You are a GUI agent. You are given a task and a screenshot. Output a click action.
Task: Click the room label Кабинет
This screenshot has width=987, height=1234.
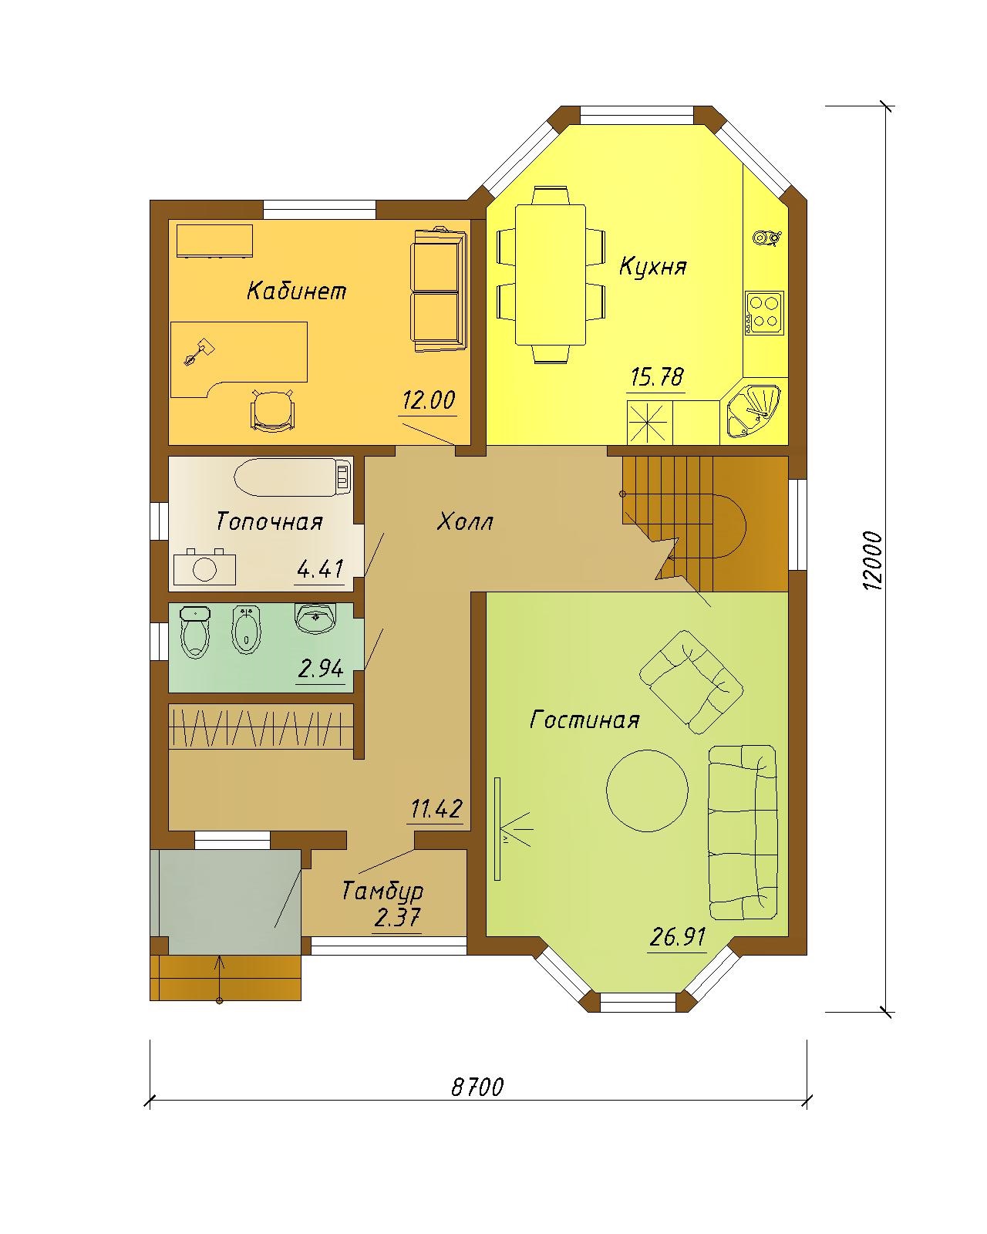pyautogui.click(x=297, y=291)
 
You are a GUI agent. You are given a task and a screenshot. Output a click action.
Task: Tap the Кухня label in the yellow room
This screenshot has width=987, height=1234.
pyautogui.click(x=652, y=267)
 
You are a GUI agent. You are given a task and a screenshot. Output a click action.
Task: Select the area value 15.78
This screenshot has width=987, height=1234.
pyautogui.click(x=657, y=377)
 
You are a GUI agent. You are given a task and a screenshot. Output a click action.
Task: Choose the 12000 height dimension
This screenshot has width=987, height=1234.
pyautogui.click(x=871, y=561)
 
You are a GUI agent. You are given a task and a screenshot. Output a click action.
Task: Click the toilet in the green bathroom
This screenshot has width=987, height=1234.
pyautogui.click(x=195, y=632)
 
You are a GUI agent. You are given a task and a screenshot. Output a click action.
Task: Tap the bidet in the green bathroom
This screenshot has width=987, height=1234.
pyautogui.click(x=247, y=630)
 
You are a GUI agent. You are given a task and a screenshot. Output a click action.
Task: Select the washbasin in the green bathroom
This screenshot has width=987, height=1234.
pyautogui.click(x=315, y=618)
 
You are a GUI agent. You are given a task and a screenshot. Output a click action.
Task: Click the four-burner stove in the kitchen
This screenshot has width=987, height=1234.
pyautogui.click(x=764, y=313)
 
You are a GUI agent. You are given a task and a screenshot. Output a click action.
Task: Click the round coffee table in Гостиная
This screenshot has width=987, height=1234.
pyautogui.click(x=647, y=791)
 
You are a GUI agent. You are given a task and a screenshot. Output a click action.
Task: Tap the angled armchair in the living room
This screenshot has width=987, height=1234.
pyautogui.click(x=692, y=683)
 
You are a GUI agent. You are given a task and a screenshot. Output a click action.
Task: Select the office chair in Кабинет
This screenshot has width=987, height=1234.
pyautogui.click(x=273, y=410)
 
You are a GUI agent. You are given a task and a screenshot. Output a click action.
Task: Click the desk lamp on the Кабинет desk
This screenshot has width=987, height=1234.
pyautogui.click(x=198, y=352)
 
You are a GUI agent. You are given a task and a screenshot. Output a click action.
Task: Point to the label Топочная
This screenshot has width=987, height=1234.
pyautogui.click(x=269, y=522)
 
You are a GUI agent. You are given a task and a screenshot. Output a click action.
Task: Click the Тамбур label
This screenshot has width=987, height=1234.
pyautogui.click(x=382, y=892)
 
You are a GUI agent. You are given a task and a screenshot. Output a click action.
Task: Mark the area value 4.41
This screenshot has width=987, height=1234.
pyautogui.click(x=320, y=569)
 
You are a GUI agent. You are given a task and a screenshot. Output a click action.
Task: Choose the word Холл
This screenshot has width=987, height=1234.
pyautogui.click(x=464, y=522)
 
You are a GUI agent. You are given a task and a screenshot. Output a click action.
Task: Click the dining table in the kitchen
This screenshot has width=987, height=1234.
pyautogui.click(x=550, y=275)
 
